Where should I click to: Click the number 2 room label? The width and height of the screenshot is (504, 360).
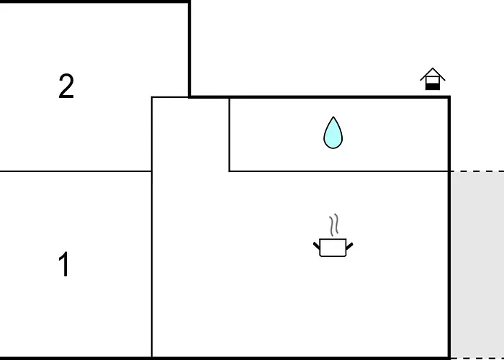click(x=66, y=86)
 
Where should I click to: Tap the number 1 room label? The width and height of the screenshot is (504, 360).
click(x=64, y=264)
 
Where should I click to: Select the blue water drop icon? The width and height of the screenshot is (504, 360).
click(x=333, y=132)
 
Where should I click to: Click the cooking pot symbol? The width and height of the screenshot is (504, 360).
click(x=333, y=235)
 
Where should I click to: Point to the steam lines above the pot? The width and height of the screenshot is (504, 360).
click(x=334, y=225)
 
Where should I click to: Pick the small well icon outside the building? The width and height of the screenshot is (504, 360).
click(x=433, y=79)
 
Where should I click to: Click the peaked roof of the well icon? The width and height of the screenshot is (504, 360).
click(x=433, y=73)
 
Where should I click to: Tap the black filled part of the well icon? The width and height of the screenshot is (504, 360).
click(x=433, y=86)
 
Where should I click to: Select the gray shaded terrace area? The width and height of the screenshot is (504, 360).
click(x=477, y=265)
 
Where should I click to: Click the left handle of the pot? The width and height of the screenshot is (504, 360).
click(x=317, y=246)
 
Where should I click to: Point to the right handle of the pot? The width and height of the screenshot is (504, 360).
click(x=349, y=246)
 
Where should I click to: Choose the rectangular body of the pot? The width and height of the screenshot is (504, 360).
click(x=333, y=248)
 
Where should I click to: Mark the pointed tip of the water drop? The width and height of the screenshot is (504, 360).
click(x=333, y=117)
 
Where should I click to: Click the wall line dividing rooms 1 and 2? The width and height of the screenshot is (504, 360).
click(x=76, y=171)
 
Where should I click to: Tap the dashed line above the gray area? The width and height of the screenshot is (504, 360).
click(x=477, y=171)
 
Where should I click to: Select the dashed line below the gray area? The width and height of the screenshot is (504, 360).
click(x=477, y=358)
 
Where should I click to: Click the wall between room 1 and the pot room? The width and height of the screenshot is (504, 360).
click(x=152, y=264)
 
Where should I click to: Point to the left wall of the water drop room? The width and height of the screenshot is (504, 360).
click(x=229, y=135)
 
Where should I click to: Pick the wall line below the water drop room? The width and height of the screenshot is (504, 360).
click(x=339, y=171)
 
